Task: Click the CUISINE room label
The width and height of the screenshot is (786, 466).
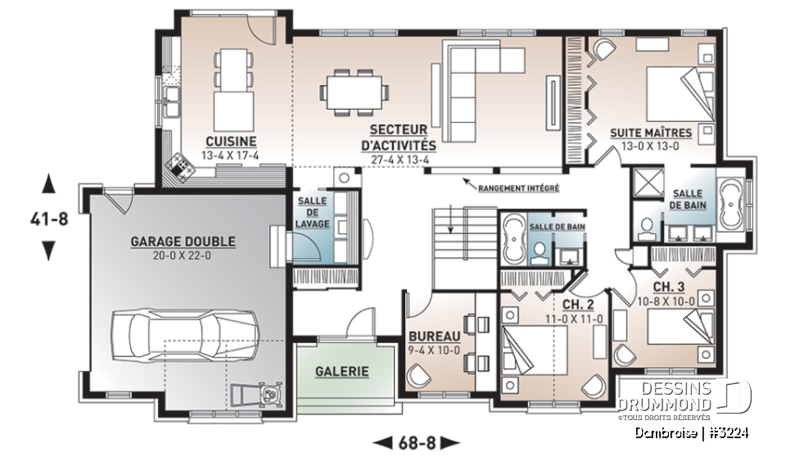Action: coord(231,140)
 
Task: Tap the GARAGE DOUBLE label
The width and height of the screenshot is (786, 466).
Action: coord(183,242)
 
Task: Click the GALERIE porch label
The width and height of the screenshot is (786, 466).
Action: coord(341,371)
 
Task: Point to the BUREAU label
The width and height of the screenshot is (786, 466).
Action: coord(434,335)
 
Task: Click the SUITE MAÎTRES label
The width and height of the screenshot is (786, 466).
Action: coord(651,132)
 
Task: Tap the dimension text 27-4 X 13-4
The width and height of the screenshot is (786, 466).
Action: coord(399,160)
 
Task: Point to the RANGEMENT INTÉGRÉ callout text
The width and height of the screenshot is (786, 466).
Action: coord(519,188)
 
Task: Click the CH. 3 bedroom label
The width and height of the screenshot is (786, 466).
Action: coord(670,287)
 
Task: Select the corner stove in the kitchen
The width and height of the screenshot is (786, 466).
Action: coord(178,167)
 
